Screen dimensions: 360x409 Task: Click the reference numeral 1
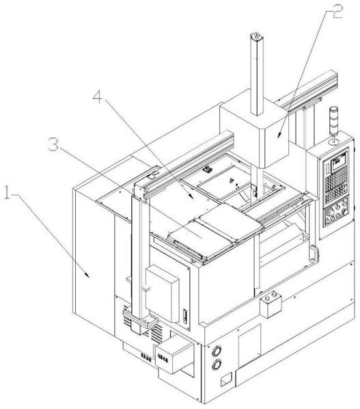click(x=8, y=192)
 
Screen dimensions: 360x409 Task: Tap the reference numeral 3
click(x=54, y=144)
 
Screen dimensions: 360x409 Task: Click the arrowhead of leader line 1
click(x=88, y=276)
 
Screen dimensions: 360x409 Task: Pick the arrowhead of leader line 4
click(x=191, y=197)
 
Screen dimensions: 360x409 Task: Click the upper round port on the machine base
click(x=217, y=351)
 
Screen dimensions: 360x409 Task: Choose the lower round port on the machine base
click(x=217, y=365)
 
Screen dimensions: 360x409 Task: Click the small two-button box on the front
click(x=271, y=304)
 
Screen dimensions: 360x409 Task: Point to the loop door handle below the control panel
click(x=314, y=254)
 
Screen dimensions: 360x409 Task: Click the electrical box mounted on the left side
click(x=162, y=293)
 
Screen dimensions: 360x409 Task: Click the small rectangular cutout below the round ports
click(x=226, y=380)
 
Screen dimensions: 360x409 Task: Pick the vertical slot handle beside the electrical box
click(x=185, y=316)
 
